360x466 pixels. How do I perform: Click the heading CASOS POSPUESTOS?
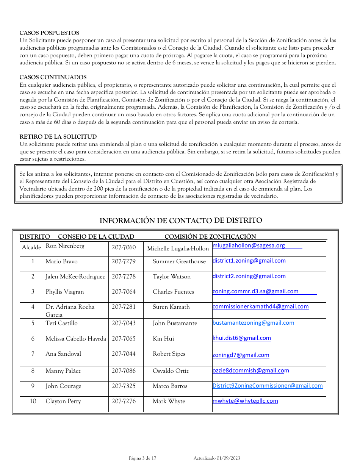coord(49,33)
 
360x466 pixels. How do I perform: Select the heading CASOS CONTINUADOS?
coord(53,77)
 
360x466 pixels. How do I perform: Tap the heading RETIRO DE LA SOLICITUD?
coord(58,137)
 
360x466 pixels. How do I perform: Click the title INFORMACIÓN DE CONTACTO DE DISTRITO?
coord(180,220)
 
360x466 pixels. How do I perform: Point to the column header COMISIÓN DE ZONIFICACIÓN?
coord(210,237)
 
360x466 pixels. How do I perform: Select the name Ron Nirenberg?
coord(65,246)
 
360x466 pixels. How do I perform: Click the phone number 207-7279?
coord(124,261)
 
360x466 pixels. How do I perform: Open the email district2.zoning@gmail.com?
coord(249,276)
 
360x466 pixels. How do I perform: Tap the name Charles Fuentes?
coord(173,292)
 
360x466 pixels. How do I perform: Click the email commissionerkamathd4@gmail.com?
coord(260,306)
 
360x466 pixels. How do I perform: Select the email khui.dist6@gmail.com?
coord(241,338)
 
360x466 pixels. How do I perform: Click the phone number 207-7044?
coord(124,354)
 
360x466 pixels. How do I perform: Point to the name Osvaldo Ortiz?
coord(171,371)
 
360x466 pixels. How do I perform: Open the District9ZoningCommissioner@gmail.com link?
coord(267,386)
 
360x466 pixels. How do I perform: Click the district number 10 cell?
coord(33,401)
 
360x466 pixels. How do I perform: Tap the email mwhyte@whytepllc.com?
coord(245,401)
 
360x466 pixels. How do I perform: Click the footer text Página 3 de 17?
coord(142,458)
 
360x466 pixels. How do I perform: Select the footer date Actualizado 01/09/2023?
coord(217,458)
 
